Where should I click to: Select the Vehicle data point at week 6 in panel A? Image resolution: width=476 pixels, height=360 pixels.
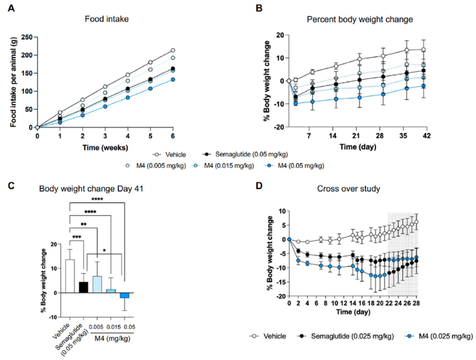click(x=173, y=50)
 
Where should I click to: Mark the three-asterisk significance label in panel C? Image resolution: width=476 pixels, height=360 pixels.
click(x=77, y=236)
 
